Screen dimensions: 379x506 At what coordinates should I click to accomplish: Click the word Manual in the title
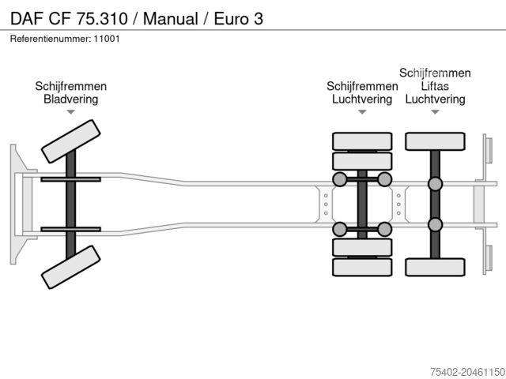(x=168, y=17)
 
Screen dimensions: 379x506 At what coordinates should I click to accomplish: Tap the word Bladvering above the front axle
(x=71, y=99)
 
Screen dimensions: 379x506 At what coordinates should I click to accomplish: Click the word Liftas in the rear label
(x=435, y=86)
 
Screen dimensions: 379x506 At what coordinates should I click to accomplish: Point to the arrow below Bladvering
(x=71, y=112)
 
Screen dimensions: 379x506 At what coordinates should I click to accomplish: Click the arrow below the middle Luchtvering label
(x=362, y=112)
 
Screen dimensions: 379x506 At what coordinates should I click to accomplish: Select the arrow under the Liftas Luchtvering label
(x=435, y=112)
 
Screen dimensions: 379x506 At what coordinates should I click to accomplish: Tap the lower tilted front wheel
(x=70, y=266)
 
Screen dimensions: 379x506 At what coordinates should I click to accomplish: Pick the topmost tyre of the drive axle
(x=362, y=141)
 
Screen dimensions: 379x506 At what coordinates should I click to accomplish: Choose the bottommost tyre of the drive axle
(x=362, y=267)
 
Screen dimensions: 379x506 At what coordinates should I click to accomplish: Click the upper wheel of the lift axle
(x=435, y=141)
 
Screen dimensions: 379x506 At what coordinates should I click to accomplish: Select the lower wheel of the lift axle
(x=435, y=266)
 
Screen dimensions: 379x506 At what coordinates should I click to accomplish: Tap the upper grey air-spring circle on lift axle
(x=435, y=184)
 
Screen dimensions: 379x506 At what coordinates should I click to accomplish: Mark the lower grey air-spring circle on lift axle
(x=435, y=224)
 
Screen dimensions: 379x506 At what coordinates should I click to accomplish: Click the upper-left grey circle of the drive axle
(x=339, y=179)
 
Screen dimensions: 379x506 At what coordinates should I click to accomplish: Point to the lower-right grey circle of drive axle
(x=385, y=229)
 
